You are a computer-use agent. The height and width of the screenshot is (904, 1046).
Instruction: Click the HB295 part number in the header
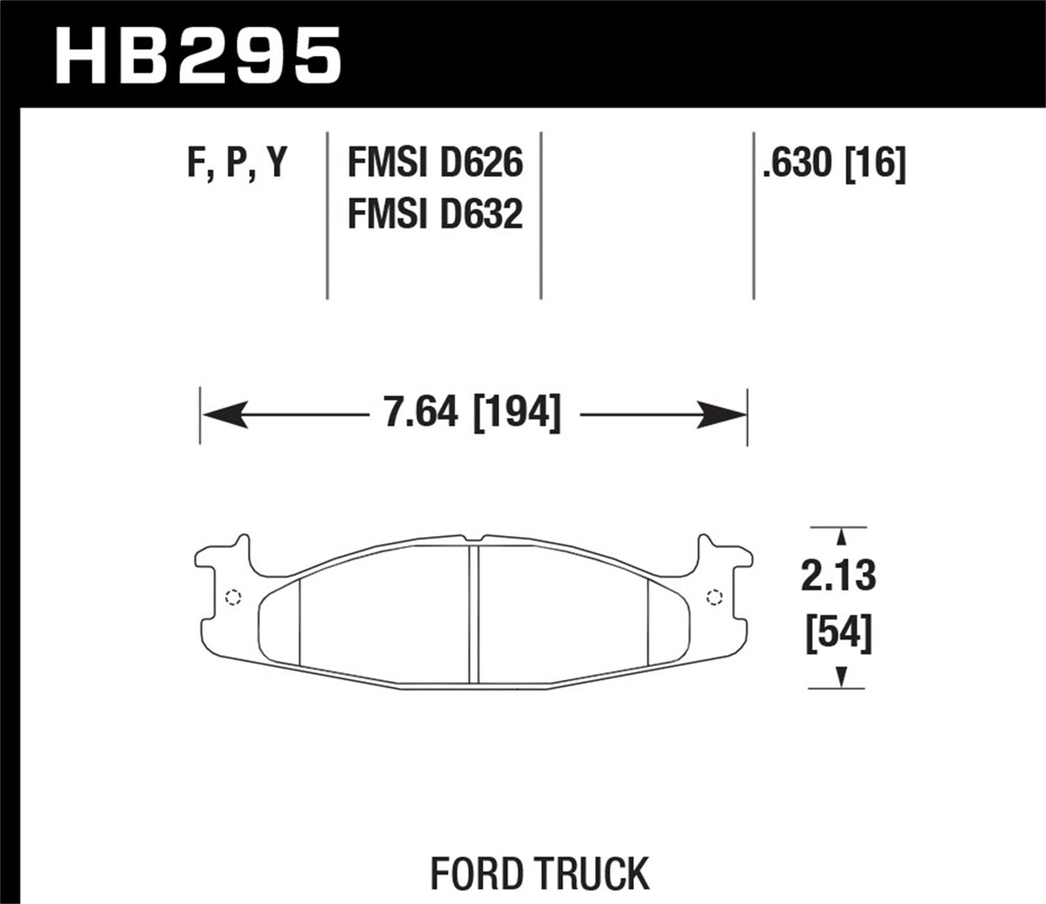pos(198,53)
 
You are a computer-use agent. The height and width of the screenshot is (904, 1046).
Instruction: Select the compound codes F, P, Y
pos(237,163)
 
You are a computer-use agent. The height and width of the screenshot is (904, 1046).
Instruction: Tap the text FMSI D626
pos(434,163)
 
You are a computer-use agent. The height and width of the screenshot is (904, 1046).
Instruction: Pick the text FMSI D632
pos(434,214)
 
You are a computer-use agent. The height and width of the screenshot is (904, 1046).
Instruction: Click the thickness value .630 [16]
pos(833,163)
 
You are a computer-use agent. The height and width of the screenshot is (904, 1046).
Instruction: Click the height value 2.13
pos(838,576)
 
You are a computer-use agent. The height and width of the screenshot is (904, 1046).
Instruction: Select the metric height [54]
pos(838,635)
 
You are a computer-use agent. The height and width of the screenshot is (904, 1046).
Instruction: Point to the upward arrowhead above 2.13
pos(839,536)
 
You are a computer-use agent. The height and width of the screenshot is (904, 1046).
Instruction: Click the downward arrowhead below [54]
pos(839,678)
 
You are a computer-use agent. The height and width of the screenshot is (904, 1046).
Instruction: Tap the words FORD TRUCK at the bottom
pos(539,874)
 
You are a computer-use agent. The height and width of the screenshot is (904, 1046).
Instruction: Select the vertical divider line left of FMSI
pos(327,215)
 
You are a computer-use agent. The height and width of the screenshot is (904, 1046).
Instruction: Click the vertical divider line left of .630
pos(754,215)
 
